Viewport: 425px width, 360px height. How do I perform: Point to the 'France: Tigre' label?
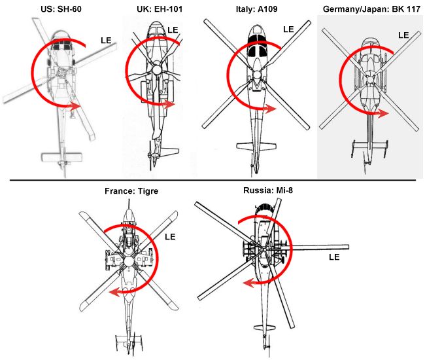point(131,191)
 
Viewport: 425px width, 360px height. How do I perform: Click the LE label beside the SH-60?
point(106,41)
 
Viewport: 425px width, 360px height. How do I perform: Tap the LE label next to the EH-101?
point(173,30)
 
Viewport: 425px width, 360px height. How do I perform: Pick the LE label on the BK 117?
point(404,35)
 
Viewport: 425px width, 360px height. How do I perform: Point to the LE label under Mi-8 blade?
point(333,257)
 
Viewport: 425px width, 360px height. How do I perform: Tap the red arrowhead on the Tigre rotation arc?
point(112,292)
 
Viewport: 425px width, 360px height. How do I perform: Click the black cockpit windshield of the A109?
point(257,49)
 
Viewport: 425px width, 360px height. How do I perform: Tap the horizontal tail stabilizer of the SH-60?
point(60,156)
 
